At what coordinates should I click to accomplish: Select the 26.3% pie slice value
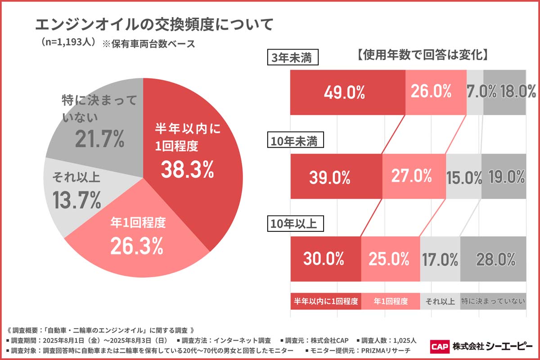pos(137,245)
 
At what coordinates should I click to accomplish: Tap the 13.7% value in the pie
pos(76,200)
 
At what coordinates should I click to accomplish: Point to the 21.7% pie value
pos(99,140)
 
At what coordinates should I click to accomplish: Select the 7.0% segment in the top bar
pos(475,92)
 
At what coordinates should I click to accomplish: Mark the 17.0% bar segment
pos(440,259)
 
